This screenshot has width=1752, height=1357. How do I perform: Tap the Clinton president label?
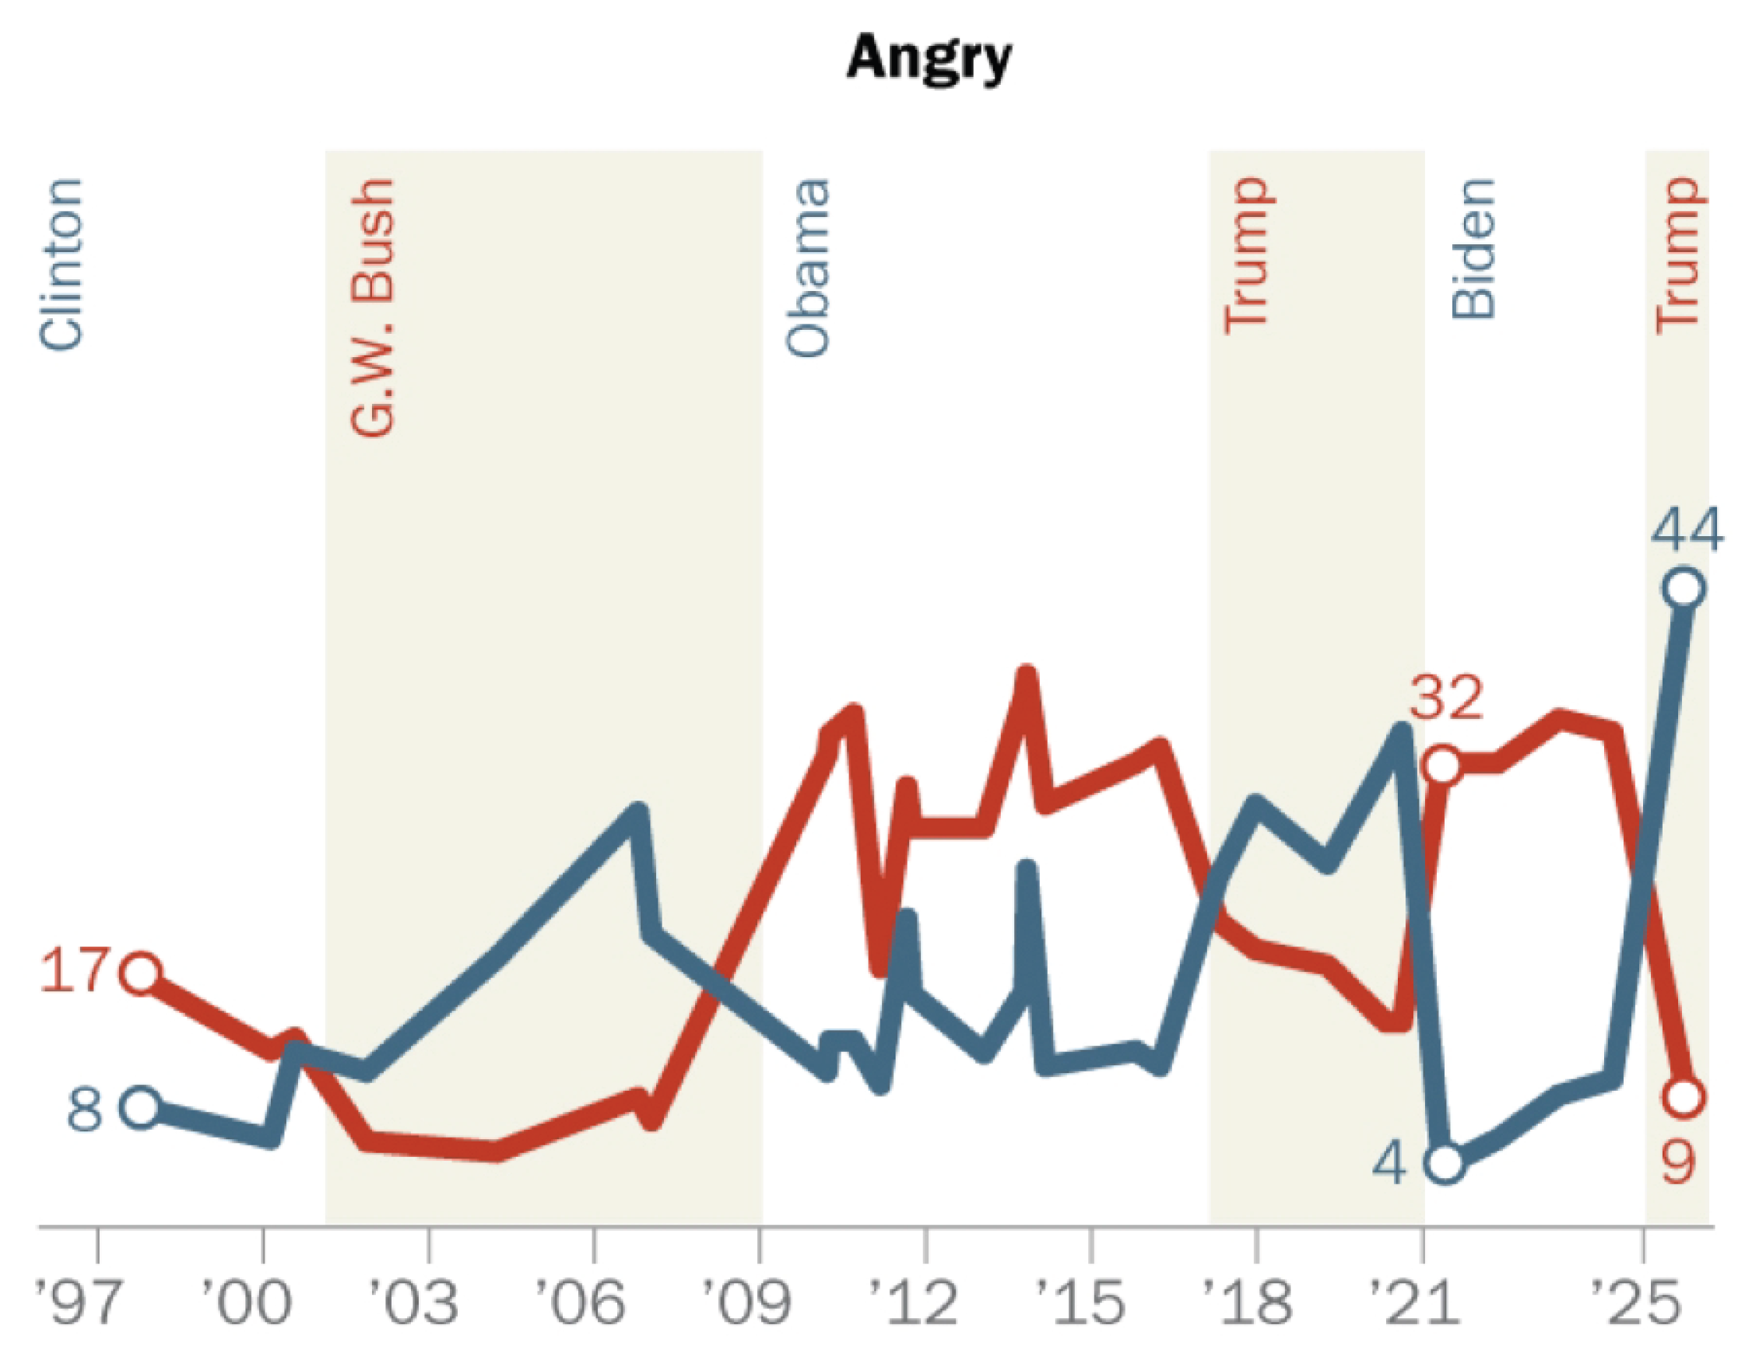(x=61, y=264)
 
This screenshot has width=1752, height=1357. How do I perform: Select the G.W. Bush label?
(x=373, y=308)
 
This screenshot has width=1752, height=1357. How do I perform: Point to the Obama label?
(x=807, y=268)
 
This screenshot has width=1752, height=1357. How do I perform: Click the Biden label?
(x=1473, y=250)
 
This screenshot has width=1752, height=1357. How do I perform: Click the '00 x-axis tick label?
(x=246, y=1302)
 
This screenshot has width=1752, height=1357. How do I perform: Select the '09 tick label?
(x=746, y=1302)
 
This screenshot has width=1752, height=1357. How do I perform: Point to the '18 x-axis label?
(x=1247, y=1302)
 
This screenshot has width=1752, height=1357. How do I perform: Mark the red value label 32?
(x=1446, y=697)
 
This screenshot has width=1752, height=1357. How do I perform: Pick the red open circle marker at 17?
(x=141, y=973)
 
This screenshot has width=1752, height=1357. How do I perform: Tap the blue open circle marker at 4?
(x=1445, y=1163)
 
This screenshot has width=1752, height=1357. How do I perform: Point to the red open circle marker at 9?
(x=1683, y=1096)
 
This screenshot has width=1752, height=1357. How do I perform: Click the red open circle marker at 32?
(x=1443, y=765)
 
